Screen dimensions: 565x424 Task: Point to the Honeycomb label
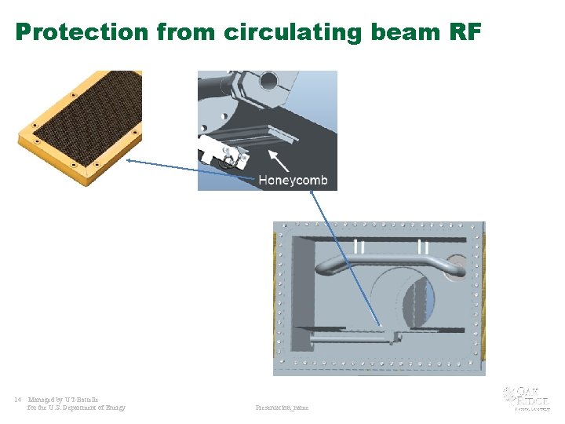(293, 180)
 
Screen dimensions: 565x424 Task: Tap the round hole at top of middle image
(268, 79)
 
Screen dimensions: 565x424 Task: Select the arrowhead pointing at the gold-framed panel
(130, 161)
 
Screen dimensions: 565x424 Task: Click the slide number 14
(18, 400)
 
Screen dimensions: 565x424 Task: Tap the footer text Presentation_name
(282, 408)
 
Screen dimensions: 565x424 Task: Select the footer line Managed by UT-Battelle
(64, 400)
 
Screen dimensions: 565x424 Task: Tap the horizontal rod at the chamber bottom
(345, 338)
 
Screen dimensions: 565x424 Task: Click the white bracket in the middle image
(220, 152)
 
